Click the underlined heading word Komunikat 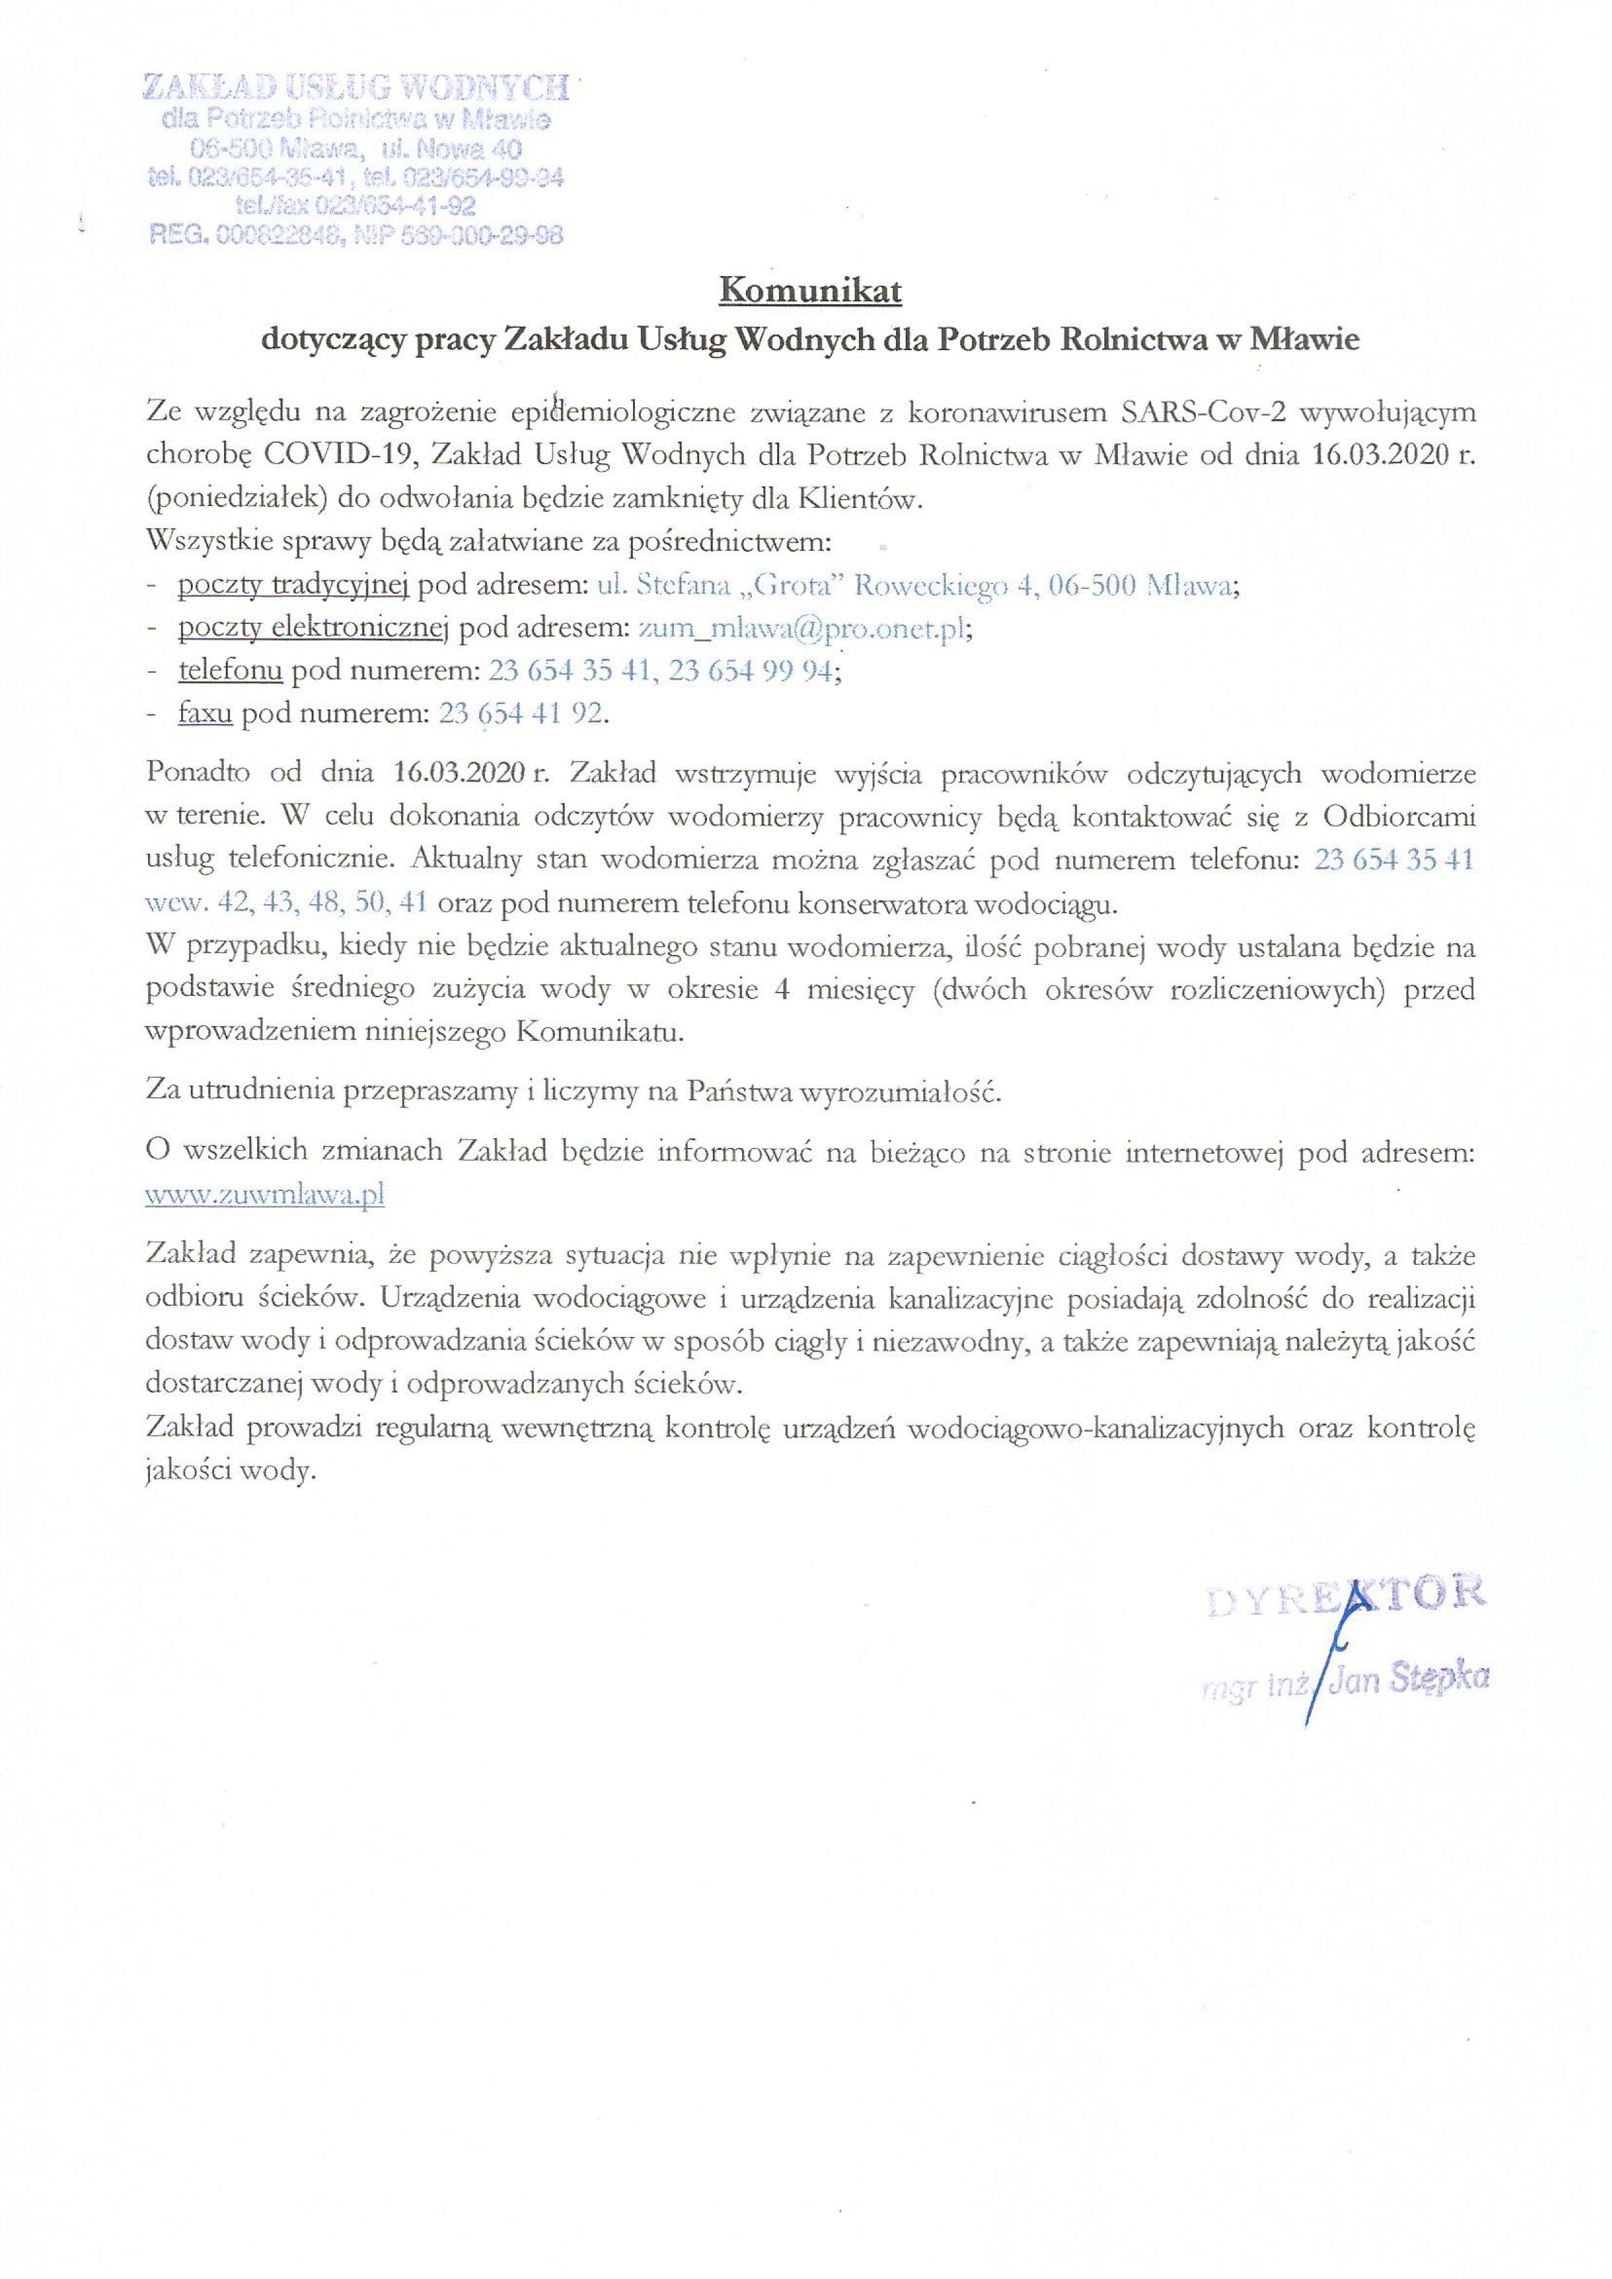tap(809, 292)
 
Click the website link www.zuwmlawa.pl tap(265, 1195)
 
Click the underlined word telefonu tap(230, 671)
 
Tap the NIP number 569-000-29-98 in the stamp tap(486, 235)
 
